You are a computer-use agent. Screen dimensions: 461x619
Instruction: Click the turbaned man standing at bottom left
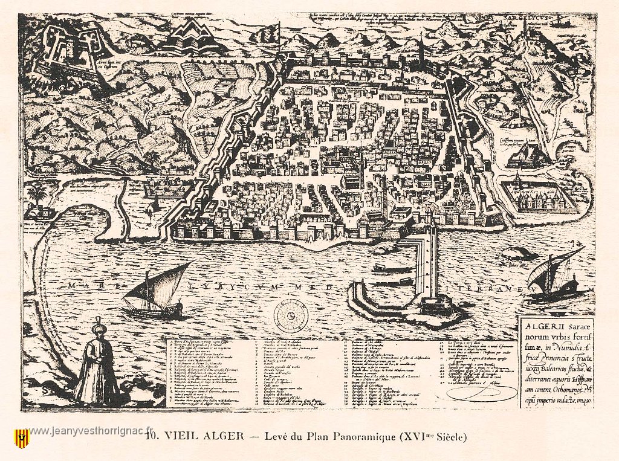coord(97,366)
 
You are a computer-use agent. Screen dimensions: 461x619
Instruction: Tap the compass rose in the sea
coord(291,315)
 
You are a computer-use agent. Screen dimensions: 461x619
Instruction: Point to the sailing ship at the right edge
coord(554,276)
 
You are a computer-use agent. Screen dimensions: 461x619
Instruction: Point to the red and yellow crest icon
coord(22,437)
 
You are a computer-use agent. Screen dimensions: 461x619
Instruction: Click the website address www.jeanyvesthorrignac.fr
coord(91,431)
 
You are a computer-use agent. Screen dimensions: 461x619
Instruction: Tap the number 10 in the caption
coord(152,436)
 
